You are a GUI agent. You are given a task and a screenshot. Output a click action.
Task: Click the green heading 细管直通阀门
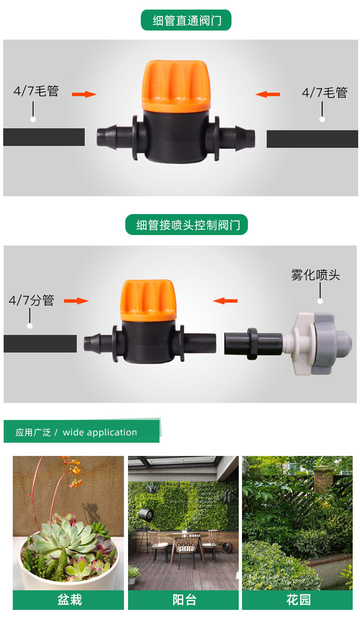186,20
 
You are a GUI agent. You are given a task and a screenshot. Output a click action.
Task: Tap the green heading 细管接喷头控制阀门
186,225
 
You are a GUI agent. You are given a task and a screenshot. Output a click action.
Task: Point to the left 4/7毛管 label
36,91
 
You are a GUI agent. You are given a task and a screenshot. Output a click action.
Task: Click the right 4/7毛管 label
324,93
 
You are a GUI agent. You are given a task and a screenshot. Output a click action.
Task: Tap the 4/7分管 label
31,300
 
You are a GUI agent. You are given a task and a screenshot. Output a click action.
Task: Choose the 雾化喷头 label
315,275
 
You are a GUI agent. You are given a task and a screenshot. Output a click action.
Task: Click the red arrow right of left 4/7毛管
84,94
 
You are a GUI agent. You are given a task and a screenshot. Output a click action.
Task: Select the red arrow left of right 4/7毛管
267,94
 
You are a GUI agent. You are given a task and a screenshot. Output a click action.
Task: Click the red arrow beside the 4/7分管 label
76,301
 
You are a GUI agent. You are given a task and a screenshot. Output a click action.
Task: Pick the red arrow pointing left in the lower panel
225,301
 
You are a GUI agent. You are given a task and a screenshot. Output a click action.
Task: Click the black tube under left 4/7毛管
44,137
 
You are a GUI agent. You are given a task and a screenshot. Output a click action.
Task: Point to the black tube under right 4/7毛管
312,138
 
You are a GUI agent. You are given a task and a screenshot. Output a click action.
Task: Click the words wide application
100,432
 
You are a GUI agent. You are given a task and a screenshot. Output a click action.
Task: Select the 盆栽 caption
69,600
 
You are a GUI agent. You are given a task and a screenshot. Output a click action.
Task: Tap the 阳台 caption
184,600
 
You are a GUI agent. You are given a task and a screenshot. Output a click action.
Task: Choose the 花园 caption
298,600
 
